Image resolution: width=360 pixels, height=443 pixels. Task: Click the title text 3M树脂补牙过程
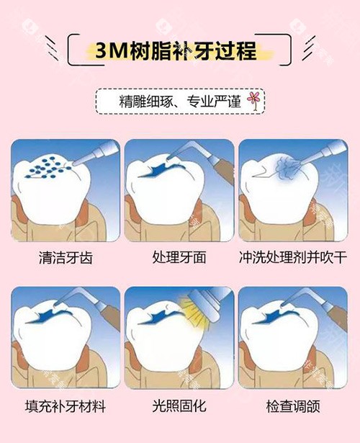coord(179,53)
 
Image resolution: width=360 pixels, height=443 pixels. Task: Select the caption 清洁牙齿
coord(66,257)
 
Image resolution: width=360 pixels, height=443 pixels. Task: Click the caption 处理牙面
coord(179,257)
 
